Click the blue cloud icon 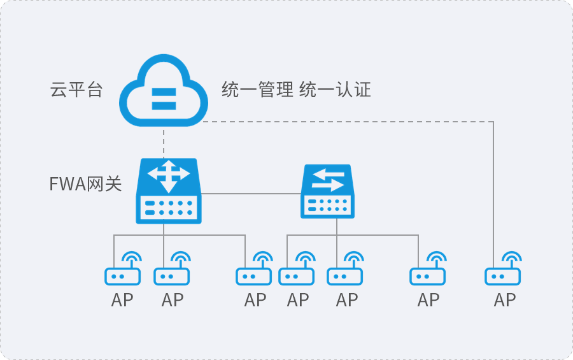(164, 90)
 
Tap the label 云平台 (76, 90)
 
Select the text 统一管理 (257, 90)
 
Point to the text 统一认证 (335, 90)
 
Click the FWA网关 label (85, 184)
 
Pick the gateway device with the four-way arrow (169, 191)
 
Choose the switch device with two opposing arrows (327, 191)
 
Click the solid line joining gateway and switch (251, 194)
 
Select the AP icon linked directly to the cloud (503, 268)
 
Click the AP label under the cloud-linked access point (505, 300)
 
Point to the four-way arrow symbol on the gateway (169, 176)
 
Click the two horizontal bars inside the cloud (164, 98)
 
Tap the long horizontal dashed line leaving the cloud (348, 122)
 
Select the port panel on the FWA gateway (169, 208)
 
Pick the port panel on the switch (327, 205)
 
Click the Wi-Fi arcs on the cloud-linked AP (512, 257)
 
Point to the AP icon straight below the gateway (172, 268)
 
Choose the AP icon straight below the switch (345, 268)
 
